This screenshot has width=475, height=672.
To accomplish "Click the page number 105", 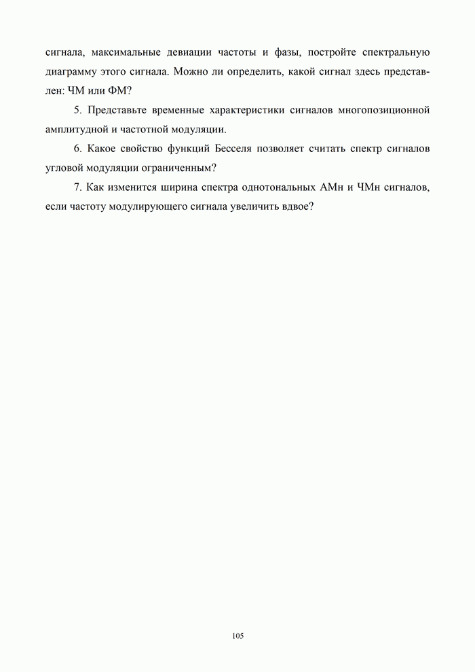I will point(237,635).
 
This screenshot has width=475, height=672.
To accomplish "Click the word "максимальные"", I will point(124,52).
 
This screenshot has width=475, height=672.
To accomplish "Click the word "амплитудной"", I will point(75,129).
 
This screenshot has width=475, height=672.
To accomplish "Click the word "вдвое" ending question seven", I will point(297,206).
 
